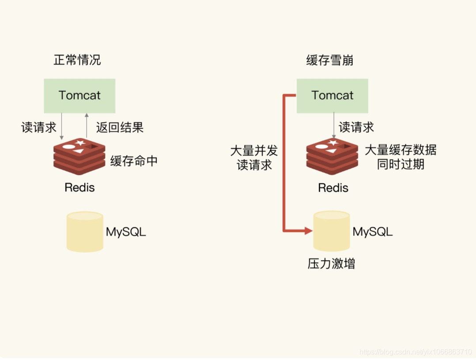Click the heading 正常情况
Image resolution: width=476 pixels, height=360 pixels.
(77, 60)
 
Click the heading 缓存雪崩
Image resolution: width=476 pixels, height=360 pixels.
(330, 60)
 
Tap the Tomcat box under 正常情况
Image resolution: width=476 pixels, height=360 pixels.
(79, 96)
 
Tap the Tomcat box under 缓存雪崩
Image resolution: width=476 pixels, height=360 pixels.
(332, 96)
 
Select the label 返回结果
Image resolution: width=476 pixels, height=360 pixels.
(120, 128)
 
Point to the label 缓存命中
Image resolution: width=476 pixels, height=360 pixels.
(134, 161)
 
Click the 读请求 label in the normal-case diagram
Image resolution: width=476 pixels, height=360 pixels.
(39, 127)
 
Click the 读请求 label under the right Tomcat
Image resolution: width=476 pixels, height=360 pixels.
(356, 127)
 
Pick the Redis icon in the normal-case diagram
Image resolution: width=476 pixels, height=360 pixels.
(79, 157)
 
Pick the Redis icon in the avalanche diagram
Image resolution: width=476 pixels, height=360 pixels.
(332, 157)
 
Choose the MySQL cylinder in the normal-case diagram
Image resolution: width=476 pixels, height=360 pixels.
(85, 232)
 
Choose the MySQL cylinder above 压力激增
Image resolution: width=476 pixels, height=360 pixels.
(331, 231)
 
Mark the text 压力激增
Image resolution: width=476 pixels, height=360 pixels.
(331, 264)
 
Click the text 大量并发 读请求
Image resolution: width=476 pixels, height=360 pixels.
(254, 158)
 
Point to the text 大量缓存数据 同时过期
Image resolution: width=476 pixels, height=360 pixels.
(400, 157)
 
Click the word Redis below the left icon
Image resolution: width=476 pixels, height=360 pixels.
(79, 187)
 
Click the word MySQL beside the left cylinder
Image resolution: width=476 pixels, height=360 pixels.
(126, 232)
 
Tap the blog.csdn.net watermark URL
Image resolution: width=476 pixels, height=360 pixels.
(416, 352)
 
